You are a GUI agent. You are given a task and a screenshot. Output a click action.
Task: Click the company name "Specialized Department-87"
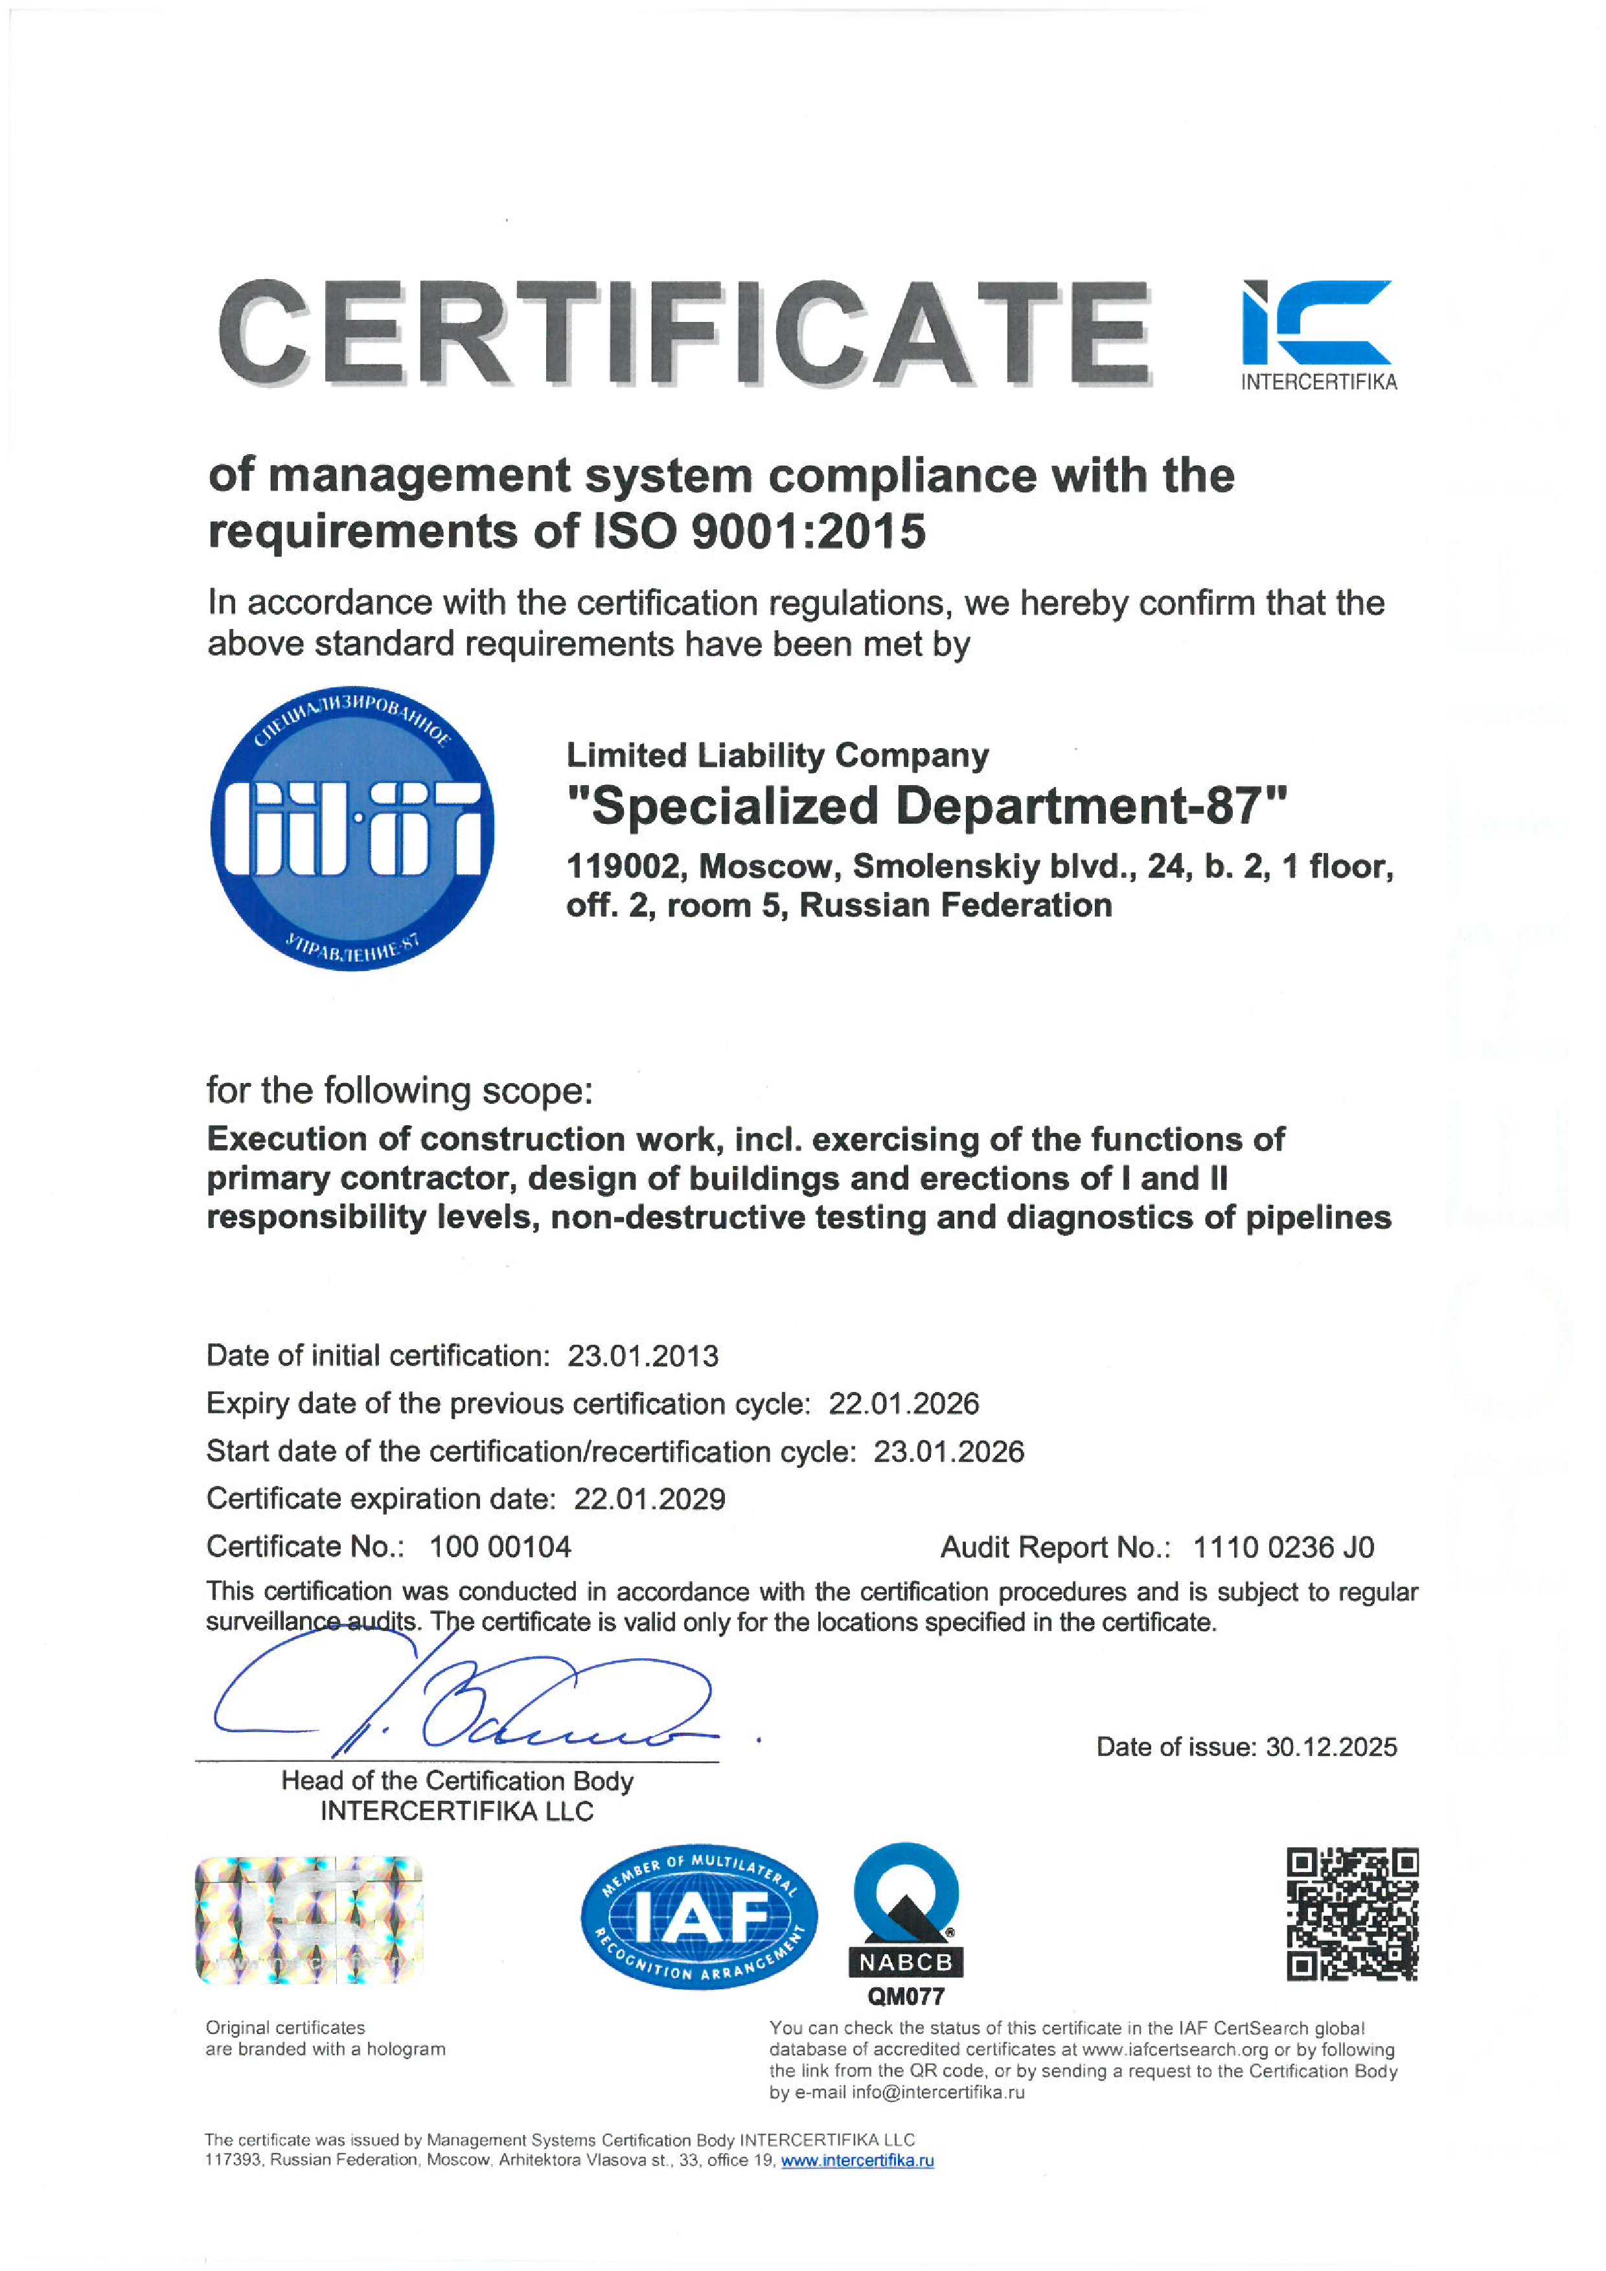927,805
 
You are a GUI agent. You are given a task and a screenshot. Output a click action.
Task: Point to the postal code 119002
625,867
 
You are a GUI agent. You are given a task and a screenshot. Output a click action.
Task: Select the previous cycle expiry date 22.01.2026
904,1404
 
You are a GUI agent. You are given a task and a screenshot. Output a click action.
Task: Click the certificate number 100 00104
499,1547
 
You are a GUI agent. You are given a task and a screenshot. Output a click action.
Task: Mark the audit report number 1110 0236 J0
1283,1547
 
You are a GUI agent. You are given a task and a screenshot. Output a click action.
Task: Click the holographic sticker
310,1919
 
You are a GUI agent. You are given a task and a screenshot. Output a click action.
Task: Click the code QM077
906,1997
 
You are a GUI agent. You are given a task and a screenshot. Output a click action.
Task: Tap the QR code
1351,1914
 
